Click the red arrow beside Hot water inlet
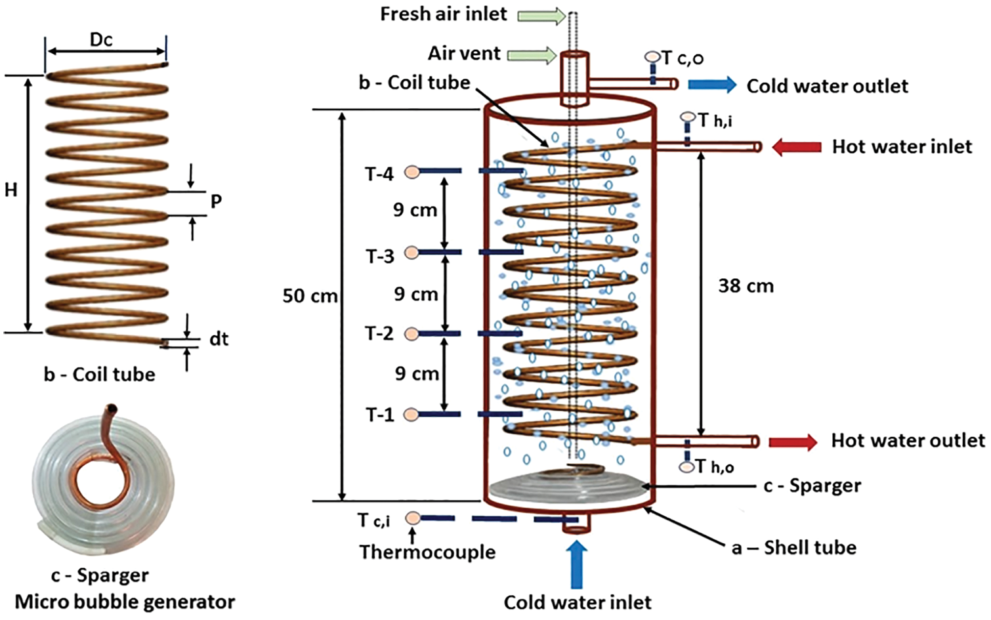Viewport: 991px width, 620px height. point(796,147)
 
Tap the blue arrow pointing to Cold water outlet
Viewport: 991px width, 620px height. point(712,85)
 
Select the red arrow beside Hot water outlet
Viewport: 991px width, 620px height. point(793,442)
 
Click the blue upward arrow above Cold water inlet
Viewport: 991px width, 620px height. point(577,564)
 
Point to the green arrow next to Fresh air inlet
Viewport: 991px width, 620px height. point(541,16)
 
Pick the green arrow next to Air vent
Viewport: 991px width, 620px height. point(532,54)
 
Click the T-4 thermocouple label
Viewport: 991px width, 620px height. point(379,174)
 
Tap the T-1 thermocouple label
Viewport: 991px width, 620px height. point(379,415)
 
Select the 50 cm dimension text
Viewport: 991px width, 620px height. point(310,296)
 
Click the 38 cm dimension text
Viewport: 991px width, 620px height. point(746,286)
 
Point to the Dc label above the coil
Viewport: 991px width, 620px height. point(101,40)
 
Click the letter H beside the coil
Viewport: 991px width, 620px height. point(11,190)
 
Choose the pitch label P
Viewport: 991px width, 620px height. point(216,201)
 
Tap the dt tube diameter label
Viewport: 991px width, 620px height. point(219,339)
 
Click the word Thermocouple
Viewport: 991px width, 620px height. point(427,552)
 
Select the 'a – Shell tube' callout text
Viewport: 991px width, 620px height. point(794,548)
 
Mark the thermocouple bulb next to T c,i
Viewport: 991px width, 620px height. point(412,518)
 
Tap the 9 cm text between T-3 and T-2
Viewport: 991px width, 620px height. point(416,295)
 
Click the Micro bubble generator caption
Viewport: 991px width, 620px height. point(125,602)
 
